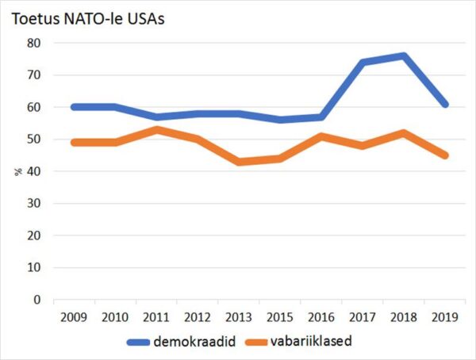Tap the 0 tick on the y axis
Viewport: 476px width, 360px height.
pyautogui.click(x=36, y=300)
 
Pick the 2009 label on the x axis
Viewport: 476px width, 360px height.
pyautogui.click(x=72, y=317)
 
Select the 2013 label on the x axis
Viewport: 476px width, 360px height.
pyautogui.click(x=239, y=317)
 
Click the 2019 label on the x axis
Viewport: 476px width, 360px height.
pyautogui.click(x=445, y=317)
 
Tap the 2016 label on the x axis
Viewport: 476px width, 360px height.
pyautogui.click(x=321, y=317)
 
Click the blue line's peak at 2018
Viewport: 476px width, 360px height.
pyautogui.click(x=404, y=56)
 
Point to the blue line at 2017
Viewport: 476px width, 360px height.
pyautogui.click(x=363, y=63)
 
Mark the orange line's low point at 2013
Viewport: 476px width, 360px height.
pyautogui.click(x=239, y=162)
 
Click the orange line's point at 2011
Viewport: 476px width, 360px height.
pyautogui.click(x=156, y=130)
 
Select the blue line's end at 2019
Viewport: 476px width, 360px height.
pyautogui.click(x=445, y=104)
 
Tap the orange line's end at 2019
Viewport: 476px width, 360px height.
pyautogui.click(x=445, y=155)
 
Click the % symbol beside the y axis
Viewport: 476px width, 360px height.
pyautogui.click(x=17, y=171)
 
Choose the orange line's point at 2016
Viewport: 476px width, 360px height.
pyautogui.click(x=321, y=136)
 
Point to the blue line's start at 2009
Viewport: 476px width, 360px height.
pyautogui.click(x=72, y=107)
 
